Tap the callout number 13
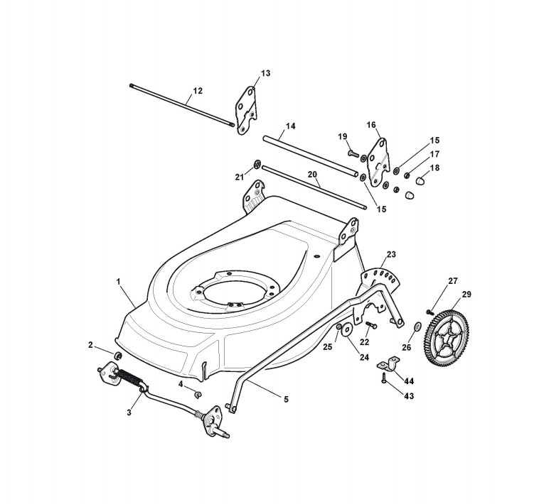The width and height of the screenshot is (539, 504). click(x=265, y=73)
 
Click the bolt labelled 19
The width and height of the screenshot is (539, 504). click(x=353, y=150)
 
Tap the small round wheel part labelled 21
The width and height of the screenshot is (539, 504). click(x=256, y=166)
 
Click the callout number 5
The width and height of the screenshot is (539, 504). click(x=285, y=400)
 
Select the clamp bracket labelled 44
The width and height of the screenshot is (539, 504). click(x=386, y=365)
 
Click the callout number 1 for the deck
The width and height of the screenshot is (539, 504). click(x=118, y=282)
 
